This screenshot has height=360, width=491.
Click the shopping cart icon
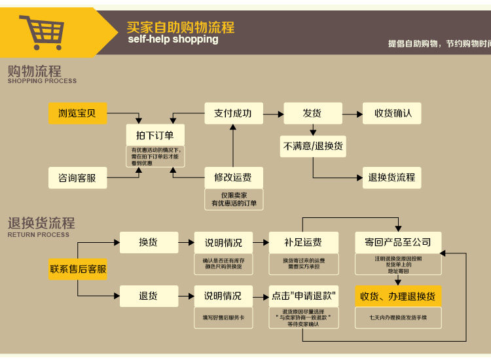click(41, 31)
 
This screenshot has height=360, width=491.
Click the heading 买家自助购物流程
click(181, 27)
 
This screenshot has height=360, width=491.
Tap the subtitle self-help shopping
click(173, 39)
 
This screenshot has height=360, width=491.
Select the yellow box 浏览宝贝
click(77, 113)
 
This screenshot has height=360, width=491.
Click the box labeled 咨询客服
click(77, 177)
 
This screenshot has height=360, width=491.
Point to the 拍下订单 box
click(155, 135)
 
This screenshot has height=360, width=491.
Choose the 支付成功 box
click(233, 113)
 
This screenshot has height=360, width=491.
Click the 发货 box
click(312, 113)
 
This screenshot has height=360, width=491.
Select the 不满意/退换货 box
click(313, 146)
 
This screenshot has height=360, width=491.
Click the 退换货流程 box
click(391, 177)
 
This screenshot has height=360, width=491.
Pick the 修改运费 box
click(233, 177)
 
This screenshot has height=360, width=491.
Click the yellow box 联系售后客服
click(78, 269)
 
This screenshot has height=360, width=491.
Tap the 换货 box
click(149, 242)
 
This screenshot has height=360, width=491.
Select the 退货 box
click(149, 296)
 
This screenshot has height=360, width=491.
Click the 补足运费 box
click(303, 242)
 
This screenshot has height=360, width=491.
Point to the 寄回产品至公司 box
click(398, 242)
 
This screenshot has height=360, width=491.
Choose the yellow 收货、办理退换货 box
click(398, 296)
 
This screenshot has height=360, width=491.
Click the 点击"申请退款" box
click(303, 296)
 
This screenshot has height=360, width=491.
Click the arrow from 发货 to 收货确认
click(352, 113)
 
